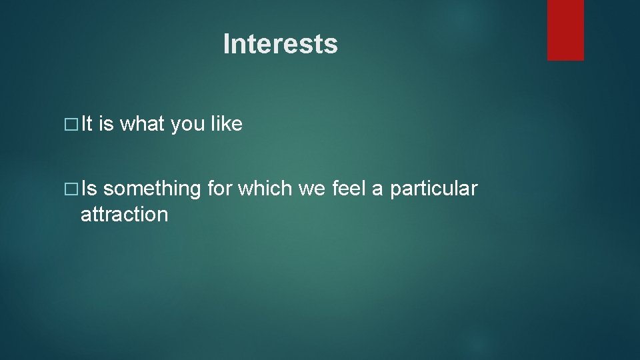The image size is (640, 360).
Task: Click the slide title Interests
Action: (x=280, y=44)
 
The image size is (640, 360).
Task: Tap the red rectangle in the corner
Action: (x=565, y=30)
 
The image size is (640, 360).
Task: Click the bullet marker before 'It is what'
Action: (x=73, y=125)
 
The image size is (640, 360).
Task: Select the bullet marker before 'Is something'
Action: (x=73, y=190)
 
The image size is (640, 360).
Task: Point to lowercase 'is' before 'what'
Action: (x=106, y=124)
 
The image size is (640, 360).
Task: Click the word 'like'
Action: (x=227, y=124)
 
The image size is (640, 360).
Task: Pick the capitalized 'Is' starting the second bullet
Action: (x=89, y=189)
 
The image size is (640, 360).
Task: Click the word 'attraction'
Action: (x=124, y=215)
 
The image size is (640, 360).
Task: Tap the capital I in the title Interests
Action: (x=227, y=44)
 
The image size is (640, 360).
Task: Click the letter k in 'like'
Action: (x=227, y=124)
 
